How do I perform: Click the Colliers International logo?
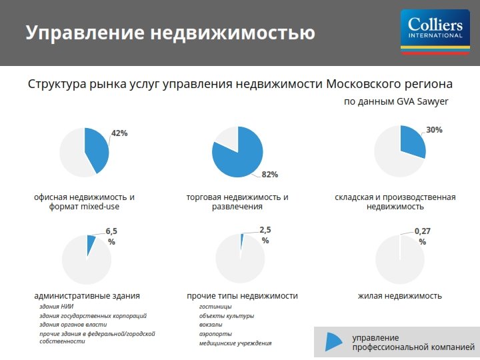tap(435, 32)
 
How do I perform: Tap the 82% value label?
tap(270, 175)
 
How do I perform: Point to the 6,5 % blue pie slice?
tap(90, 243)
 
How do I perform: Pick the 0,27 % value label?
tap(423, 236)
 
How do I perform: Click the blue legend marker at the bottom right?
tap(333, 341)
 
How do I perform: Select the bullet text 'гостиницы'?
tap(215, 307)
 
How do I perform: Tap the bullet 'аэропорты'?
tap(215, 334)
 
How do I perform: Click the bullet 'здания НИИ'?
tap(56, 306)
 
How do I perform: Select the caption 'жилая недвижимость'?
tap(400, 296)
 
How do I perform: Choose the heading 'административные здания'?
tap(87, 296)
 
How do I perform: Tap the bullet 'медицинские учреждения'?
tap(235, 343)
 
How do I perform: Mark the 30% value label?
tap(434, 130)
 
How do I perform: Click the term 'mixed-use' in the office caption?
tap(99, 206)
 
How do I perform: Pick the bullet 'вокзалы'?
tap(211, 325)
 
